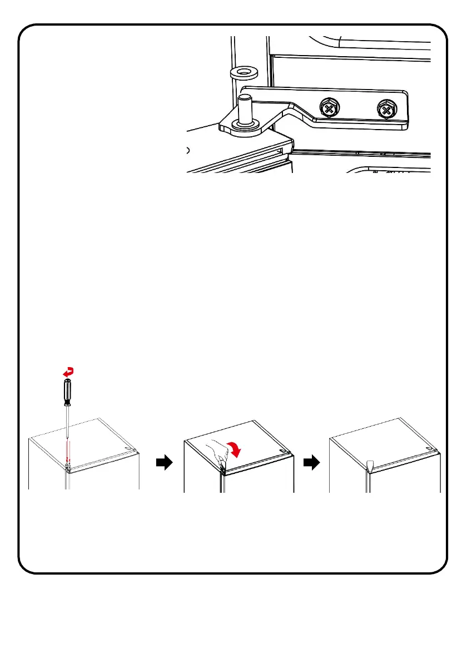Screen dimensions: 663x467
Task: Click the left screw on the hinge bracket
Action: pos(329,108)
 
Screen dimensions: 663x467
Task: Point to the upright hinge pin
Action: pos(244,109)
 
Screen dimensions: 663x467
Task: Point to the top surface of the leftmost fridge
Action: pos(89,439)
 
